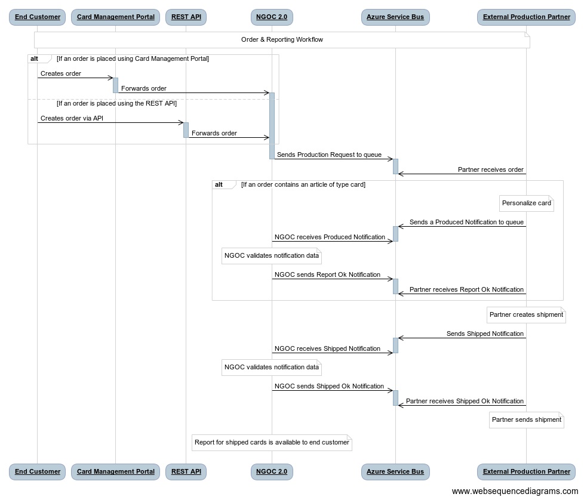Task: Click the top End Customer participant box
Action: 37,17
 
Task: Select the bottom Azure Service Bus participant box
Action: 395,471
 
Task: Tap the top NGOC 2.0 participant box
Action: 272,17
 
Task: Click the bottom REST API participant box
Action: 186,471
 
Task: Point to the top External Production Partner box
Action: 526,17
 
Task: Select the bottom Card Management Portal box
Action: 115,471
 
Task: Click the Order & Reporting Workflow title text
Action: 282,39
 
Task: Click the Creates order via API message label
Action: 72,118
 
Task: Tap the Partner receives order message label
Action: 490,169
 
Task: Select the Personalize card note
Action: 526,203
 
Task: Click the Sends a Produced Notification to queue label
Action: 466,222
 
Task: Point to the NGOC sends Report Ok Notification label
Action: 327,274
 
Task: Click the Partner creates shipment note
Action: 526,314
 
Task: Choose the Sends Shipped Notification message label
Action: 485,334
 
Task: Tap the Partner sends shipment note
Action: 526,419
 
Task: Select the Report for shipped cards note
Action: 272,443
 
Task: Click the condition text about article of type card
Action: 303,184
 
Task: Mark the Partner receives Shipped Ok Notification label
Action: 465,401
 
